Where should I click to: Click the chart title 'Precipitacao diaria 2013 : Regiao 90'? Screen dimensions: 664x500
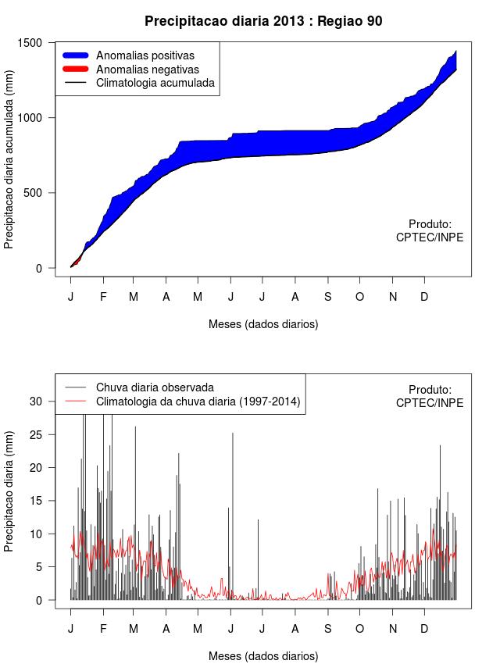coord(263,21)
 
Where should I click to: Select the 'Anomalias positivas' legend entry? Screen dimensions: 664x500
coord(145,55)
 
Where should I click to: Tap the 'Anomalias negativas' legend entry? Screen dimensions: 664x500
coord(147,69)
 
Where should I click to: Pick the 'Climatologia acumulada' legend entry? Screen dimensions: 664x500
coord(155,82)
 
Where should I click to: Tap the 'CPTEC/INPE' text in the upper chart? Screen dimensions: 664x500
coord(430,237)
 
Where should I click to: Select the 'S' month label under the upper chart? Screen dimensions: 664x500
coord(328,297)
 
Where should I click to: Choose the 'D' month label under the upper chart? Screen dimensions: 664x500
coord(424,297)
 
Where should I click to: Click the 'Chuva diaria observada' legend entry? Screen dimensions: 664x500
coord(155,387)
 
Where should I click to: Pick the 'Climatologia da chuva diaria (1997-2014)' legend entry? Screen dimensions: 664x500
coord(198,402)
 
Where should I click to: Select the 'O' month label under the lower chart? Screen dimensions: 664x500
coord(359,629)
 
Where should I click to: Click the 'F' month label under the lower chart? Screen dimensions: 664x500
coord(102,629)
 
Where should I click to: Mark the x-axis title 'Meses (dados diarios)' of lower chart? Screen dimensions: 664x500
coord(263,655)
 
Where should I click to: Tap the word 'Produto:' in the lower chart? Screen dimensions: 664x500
coord(430,389)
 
